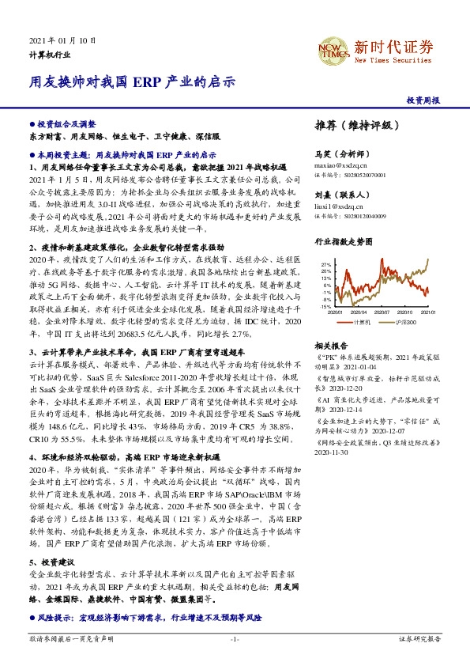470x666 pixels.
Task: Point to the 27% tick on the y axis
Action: tap(325, 264)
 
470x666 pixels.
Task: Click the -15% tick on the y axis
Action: tap(325, 306)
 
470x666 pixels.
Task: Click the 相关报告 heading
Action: tap(331, 346)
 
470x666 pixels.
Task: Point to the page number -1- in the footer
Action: tap(235, 638)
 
